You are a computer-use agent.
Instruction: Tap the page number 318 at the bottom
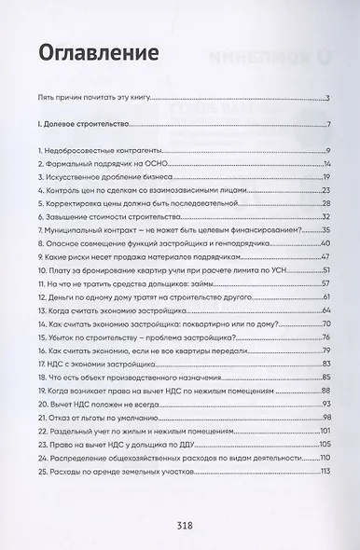pyautogui.click(x=183, y=524)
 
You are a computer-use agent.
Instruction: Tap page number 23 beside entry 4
pyautogui.click(x=326, y=190)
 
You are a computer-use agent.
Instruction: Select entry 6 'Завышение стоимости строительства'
pyautogui.click(x=94, y=216)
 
